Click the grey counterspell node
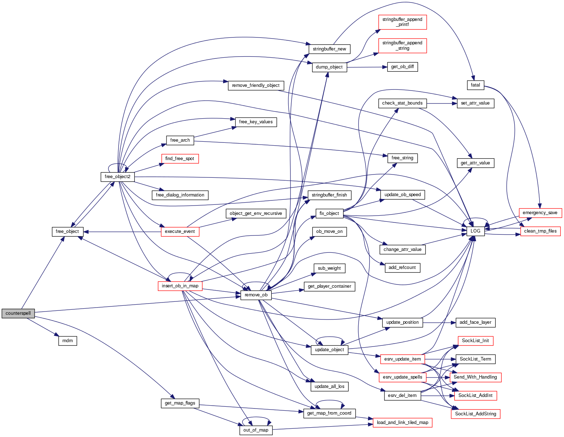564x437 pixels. pos(18,313)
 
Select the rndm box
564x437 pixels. pos(67,341)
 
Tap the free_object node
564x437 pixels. pos(67,231)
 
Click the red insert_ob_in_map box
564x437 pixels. pos(180,286)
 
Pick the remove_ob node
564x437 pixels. pos(256,295)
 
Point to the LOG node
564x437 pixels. pos(475,231)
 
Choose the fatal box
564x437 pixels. pos(475,85)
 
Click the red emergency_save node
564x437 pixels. pos(540,213)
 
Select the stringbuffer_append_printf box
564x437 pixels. pos(402,22)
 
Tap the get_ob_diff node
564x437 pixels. pos(402,67)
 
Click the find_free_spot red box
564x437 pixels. pos(179,159)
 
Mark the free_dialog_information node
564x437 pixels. pos(180,195)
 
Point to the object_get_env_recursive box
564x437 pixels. pos(256,213)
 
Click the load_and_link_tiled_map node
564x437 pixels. pos(402,423)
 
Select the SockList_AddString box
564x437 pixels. pos(475,414)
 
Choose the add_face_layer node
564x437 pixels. pos(475,322)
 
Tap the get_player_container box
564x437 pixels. pos(329,286)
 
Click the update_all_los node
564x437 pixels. pos(329,387)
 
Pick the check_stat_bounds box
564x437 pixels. pos(402,103)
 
